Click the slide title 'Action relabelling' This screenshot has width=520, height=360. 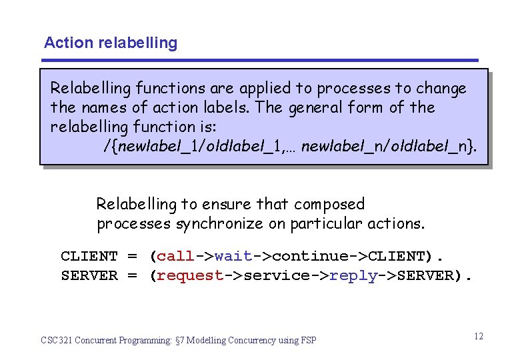coord(111,43)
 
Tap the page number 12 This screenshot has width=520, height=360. coord(479,336)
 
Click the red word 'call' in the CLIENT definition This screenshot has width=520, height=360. coord(175,257)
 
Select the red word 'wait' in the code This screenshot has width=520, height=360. coord(233,257)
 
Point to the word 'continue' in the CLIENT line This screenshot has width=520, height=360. coord(311,257)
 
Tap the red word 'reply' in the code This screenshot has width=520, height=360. coord(353,276)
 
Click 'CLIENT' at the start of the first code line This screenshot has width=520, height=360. coord(89,257)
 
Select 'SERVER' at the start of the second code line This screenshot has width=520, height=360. coord(89,276)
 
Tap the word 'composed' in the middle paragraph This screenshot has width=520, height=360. coord(329,204)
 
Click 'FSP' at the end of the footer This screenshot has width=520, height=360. coord(308,341)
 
